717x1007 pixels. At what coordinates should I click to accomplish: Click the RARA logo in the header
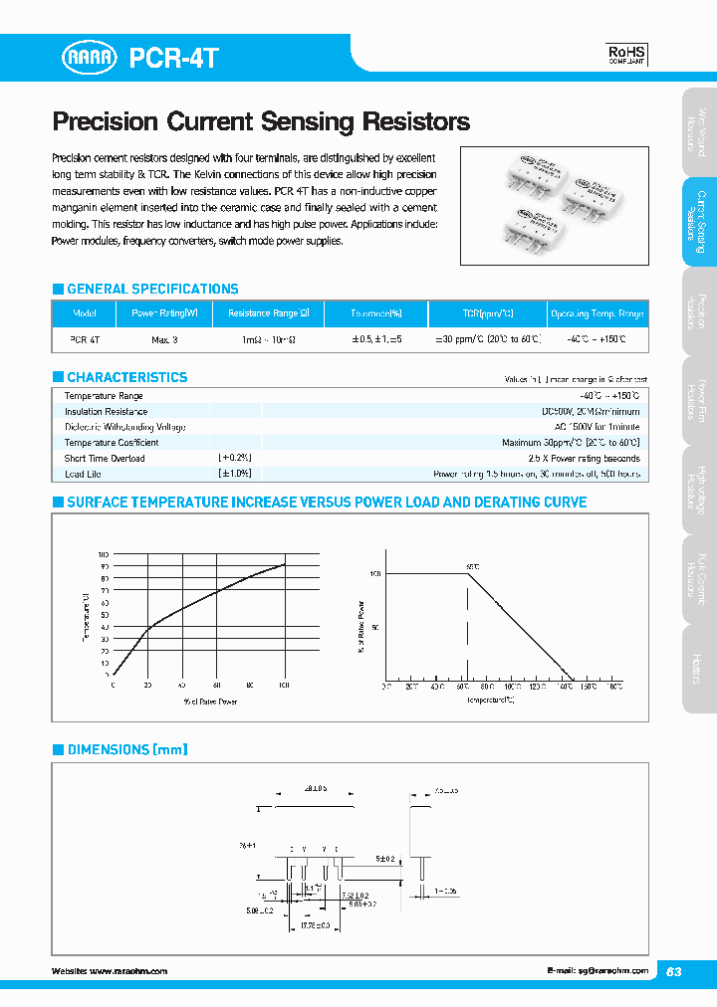pos(92,58)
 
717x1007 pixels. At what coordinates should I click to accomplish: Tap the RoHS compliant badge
pos(626,54)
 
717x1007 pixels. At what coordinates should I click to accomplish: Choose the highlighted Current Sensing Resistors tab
pos(699,222)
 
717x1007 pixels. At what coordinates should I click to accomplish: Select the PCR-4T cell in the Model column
pos(85,339)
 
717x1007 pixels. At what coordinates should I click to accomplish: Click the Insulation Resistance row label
pos(106,411)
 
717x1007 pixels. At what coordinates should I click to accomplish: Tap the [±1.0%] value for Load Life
pos(235,474)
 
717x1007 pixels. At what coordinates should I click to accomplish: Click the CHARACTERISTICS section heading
pos(126,377)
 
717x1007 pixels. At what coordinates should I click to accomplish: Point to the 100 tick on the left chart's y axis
pos(104,554)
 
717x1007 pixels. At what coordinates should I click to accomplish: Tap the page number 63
pos(674,971)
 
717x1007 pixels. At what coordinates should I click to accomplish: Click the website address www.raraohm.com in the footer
pos(128,970)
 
